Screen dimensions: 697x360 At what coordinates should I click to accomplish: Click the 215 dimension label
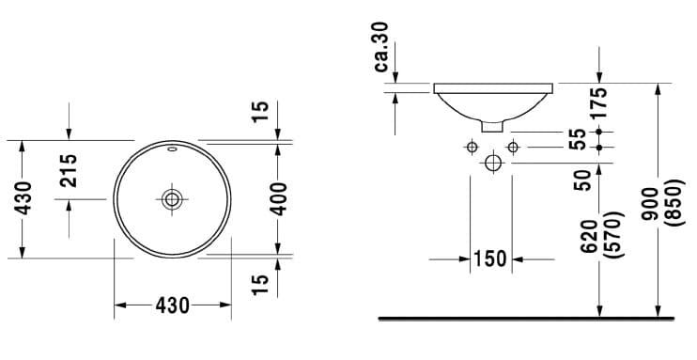coord(69,170)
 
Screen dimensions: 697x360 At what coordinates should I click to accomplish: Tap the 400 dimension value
coord(279,199)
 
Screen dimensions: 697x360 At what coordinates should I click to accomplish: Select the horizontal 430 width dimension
coord(173,305)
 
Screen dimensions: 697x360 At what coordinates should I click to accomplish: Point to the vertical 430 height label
coord(23,198)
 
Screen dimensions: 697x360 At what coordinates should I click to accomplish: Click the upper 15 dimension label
coord(260,112)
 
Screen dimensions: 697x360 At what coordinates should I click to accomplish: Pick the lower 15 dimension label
coord(260,285)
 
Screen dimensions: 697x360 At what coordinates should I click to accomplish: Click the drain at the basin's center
coord(172,199)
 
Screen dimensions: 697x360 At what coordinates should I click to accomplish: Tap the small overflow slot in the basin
coord(172,149)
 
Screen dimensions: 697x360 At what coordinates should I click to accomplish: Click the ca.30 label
coord(381,47)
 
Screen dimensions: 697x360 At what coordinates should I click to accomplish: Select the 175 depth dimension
coord(599,102)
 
